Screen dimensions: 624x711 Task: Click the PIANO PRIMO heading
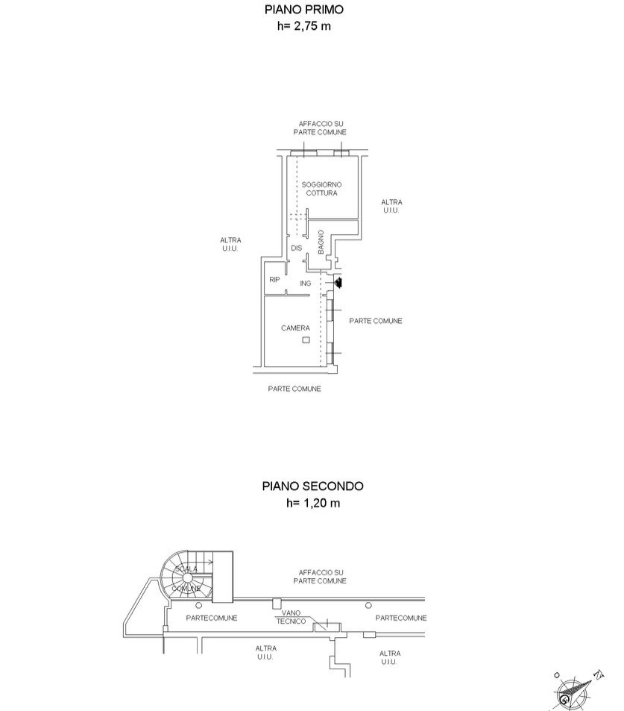click(304, 10)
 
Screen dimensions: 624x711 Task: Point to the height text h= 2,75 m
click(304, 26)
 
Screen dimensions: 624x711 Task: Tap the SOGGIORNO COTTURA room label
click(322, 189)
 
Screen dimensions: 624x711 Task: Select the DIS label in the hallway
click(297, 248)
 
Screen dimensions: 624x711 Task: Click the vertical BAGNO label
click(321, 242)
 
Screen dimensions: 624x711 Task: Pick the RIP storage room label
click(274, 280)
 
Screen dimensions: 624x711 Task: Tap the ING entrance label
click(306, 284)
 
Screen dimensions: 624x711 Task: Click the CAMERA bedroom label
click(295, 328)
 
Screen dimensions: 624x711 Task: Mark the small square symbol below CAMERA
click(306, 340)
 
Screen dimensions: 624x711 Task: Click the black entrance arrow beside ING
click(338, 283)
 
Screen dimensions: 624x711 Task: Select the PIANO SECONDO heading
click(312, 486)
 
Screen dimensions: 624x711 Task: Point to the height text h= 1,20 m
click(313, 503)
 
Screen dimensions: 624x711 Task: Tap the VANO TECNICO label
click(291, 617)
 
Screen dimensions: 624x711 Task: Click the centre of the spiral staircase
click(187, 577)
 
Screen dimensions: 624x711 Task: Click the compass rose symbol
click(573, 693)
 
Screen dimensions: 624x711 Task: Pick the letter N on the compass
click(599, 674)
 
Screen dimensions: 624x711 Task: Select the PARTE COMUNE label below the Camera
click(294, 389)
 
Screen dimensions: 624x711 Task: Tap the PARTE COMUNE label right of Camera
click(376, 321)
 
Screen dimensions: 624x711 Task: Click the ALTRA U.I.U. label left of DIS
click(230, 244)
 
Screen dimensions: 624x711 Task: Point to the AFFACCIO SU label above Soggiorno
click(321, 123)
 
